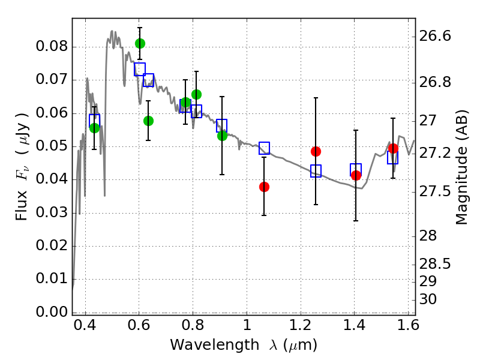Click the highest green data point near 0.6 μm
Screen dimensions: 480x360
coord(140,43)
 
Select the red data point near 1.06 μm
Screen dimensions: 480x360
coord(264,187)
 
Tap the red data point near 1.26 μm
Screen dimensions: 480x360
coord(316,151)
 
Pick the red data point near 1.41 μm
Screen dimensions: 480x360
coord(356,175)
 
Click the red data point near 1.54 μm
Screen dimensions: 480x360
coord(393,148)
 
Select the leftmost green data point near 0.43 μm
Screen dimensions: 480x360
coord(94,128)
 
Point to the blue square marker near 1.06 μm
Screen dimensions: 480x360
coord(264,148)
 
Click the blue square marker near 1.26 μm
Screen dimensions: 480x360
coord(316,171)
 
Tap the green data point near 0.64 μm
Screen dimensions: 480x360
coord(148,121)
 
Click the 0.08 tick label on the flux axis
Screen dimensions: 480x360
coord(52,46)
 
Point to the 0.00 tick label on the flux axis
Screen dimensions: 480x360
coord(52,312)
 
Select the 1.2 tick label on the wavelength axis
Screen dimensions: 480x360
coord(301,325)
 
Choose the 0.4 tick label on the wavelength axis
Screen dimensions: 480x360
coord(85,325)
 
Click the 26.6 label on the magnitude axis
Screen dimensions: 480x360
coord(434,36)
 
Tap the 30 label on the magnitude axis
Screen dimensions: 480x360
coord(428,299)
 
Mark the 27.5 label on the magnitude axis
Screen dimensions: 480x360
coord(434,191)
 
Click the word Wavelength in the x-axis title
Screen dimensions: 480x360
coord(215,345)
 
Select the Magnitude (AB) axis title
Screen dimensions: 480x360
coord(461,167)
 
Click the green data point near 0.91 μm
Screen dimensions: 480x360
coord(222,136)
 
